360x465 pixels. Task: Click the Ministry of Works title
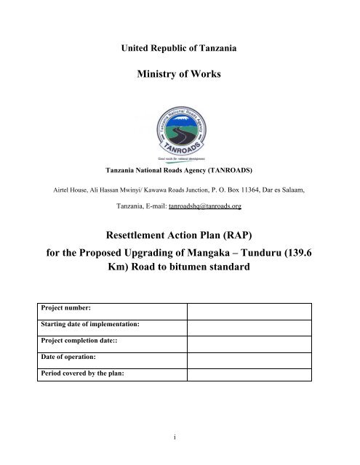(x=180, y=78)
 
